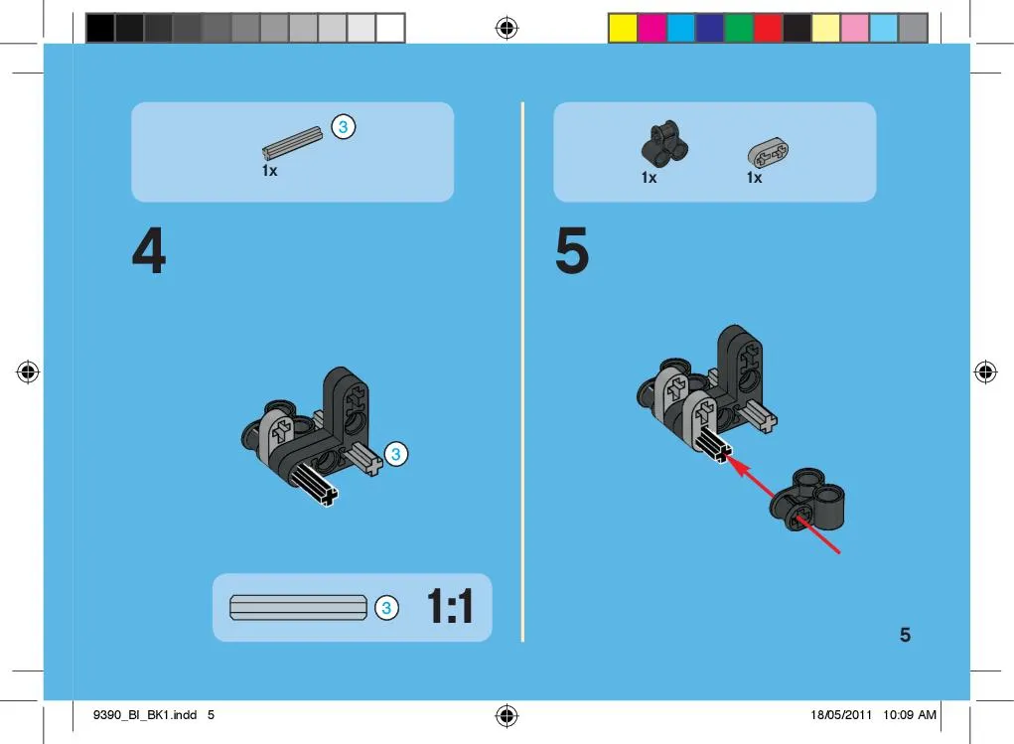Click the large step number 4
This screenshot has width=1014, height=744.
tap(149, 250)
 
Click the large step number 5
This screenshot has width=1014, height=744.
tap(572, 250)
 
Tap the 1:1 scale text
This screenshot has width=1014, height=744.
tap(450, 606)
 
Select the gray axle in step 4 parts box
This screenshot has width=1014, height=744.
tap(292, 142)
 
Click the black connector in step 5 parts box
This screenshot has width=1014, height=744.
tap(664, 143)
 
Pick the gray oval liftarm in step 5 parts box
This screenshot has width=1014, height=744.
tap(769, 152)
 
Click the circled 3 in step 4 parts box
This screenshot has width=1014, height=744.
tap(344, 127)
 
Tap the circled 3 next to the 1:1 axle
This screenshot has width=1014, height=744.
tap(386, 608)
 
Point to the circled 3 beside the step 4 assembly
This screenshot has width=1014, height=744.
tap(396, 454)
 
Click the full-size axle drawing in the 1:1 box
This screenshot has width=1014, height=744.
tap(298, 608)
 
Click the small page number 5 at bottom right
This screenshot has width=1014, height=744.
tap(906, 635)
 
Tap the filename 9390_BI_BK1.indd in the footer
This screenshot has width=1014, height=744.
tap(145, 715)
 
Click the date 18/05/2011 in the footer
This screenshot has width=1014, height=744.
tap(840, 715)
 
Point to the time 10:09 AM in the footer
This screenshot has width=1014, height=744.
tap(910, 715)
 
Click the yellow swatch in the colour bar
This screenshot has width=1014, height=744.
tap(623, 29)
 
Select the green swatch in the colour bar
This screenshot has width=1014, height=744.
tap(739, 29)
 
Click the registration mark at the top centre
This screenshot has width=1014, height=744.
tap(507, 28)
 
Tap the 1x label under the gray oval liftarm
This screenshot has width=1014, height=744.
tap(755, 177)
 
